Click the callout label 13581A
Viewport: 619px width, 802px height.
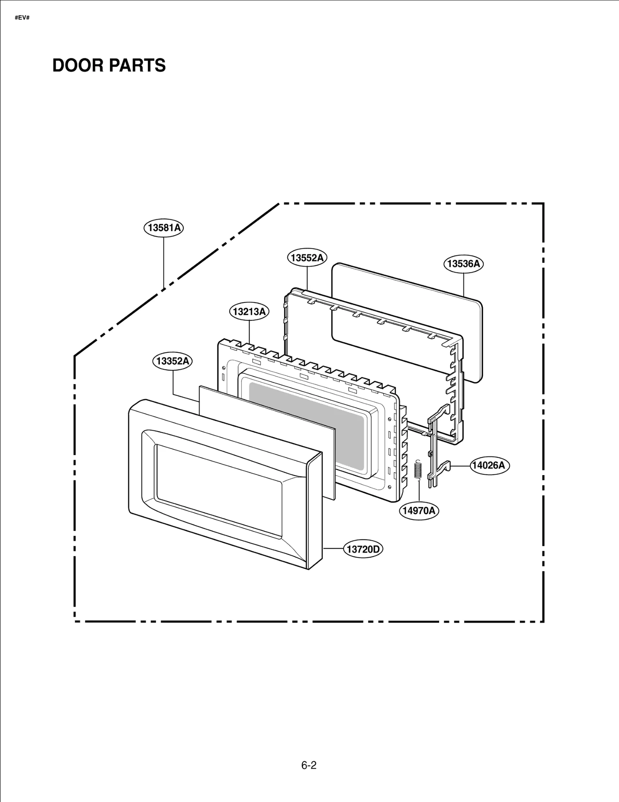click(163, 227)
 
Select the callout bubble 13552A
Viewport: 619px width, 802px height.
click(307, 258)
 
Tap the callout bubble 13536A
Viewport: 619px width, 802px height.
click(463, 264)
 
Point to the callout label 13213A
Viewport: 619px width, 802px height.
click(249, 311)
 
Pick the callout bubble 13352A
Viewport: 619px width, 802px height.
click(172, 361)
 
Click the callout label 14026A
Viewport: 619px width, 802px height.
click(489, 465)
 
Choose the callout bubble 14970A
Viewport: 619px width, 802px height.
click(419, 511)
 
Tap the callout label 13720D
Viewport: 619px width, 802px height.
click(363, 549)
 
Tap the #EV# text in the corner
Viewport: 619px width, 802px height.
click(22, 18)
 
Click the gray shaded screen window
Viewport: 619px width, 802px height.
click(306, 426)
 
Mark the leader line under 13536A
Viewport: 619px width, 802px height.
click(463, 284)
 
